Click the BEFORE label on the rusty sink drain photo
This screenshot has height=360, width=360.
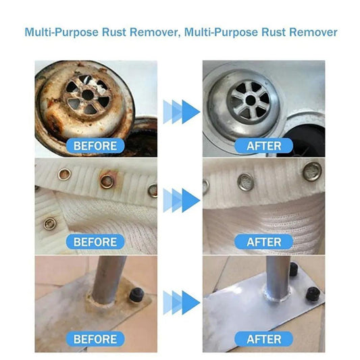pos(95,145)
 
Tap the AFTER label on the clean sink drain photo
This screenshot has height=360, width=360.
pos(264,145)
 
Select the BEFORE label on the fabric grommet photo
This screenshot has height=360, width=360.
pos(95,241)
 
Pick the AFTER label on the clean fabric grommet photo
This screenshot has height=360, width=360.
pos(264,241)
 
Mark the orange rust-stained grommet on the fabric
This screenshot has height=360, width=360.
pos(106,180)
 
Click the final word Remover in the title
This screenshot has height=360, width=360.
pos(310,32)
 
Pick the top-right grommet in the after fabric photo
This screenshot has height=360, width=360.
pos(310,168)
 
